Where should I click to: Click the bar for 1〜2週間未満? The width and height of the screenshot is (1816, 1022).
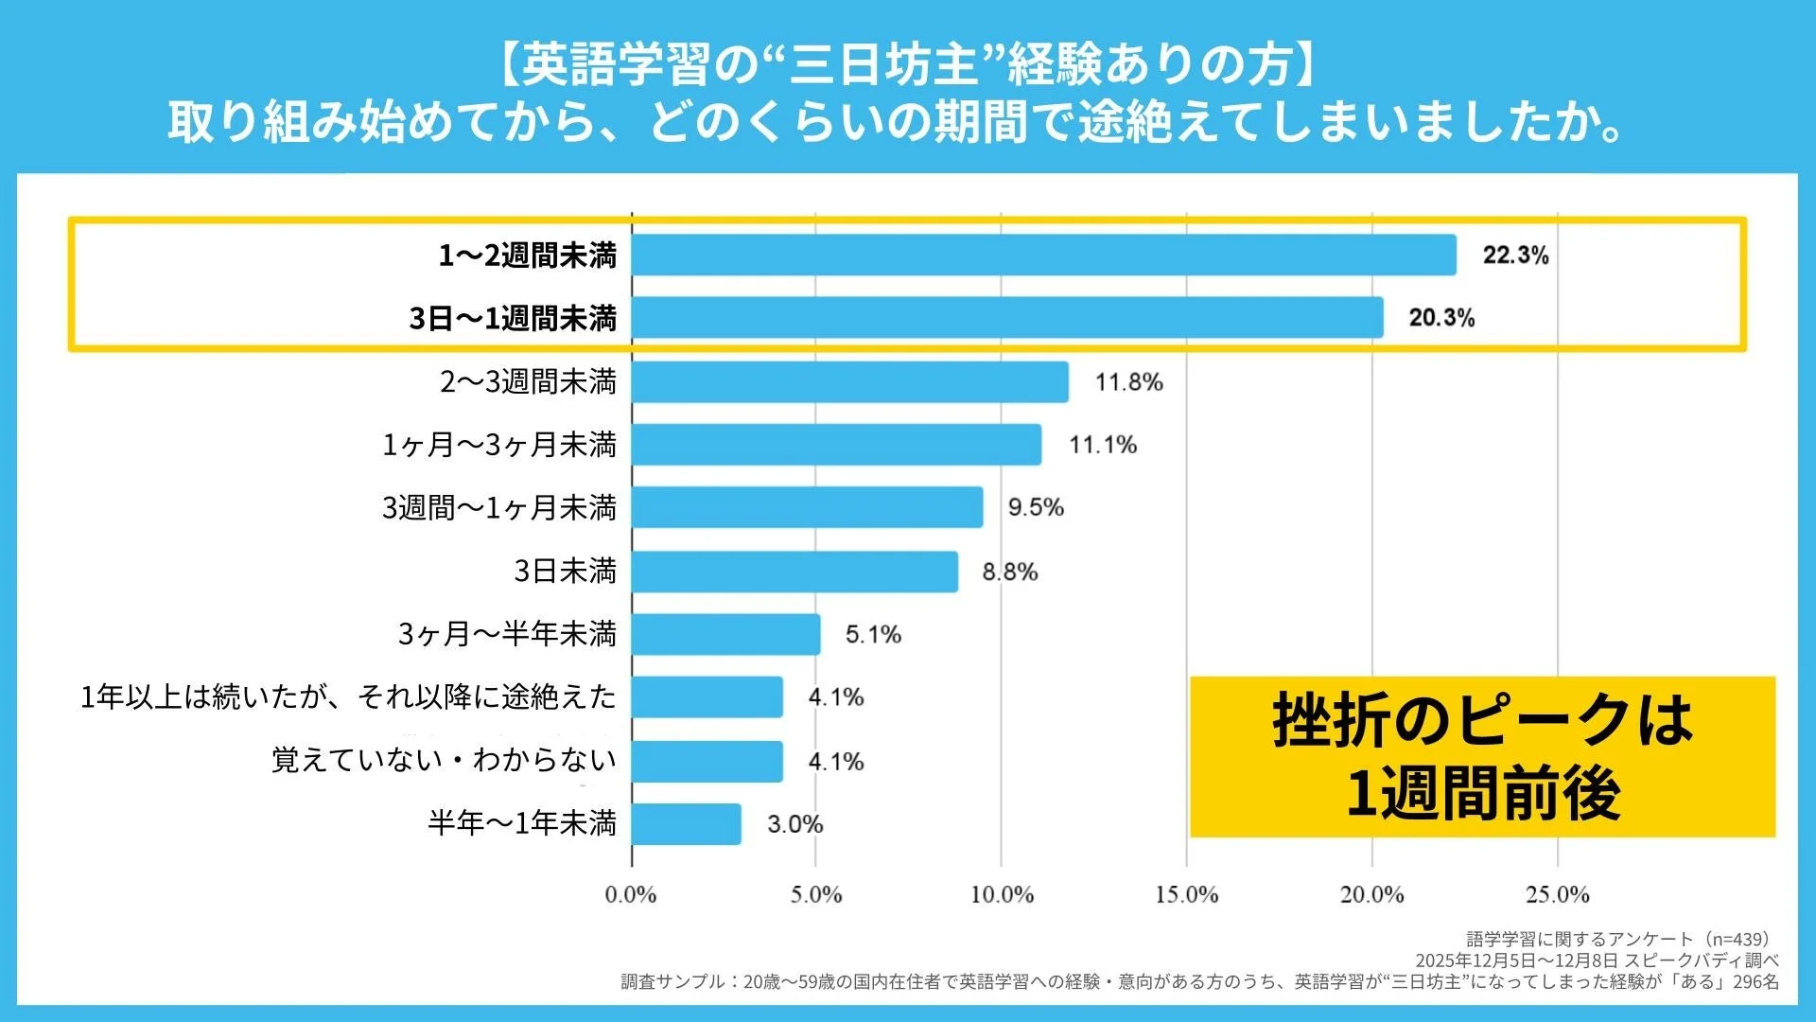pyautogui.click(x=1043, y=255)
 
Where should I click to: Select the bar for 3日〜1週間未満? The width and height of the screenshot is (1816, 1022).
pyautogui.click(x=1007, y=318)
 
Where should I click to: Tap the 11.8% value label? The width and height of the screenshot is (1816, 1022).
pyautogui.click(x=1128, y=382)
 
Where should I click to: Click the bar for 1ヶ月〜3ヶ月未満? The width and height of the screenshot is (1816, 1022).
pyautogui.click(x=836, y=445)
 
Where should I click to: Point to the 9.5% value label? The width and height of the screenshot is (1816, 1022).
pyautogui.click(x=1036, y=508)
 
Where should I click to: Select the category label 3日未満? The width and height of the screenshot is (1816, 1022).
pyautogui.click(x=565, y=572)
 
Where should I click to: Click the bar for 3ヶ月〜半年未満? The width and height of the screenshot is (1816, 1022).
pyautogui.click(x=725, y=634)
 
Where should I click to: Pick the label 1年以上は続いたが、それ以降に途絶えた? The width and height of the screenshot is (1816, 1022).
pyautogui.click(x=348, y=697)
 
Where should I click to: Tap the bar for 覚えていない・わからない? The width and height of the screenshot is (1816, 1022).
pyautogui.click(x=707, y=761)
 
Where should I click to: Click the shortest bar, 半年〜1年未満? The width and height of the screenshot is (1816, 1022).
pyautogui.click(x=686, y=824)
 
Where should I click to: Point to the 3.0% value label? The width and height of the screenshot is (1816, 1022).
pyautogui.click(x=794, y=824)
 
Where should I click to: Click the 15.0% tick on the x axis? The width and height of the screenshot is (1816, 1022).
pyautogui.click(x=1186, y=894)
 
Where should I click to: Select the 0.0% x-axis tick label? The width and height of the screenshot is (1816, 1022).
pyautogui.click(x=631, y=894)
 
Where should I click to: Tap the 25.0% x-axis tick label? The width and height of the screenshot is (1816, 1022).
pyautogui.click(x=1557, y=894)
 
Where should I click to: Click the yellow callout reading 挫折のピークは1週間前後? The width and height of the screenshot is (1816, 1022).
pyautogui.click(x=1482, y=756)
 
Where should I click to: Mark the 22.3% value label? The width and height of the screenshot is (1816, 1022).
pyautogui.click(x=1515, y=255)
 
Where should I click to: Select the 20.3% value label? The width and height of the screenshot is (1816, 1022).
pyautogui.click(x=1441, y=318)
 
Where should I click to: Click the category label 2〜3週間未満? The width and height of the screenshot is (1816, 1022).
pyautogui.click(x=528, y=382)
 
